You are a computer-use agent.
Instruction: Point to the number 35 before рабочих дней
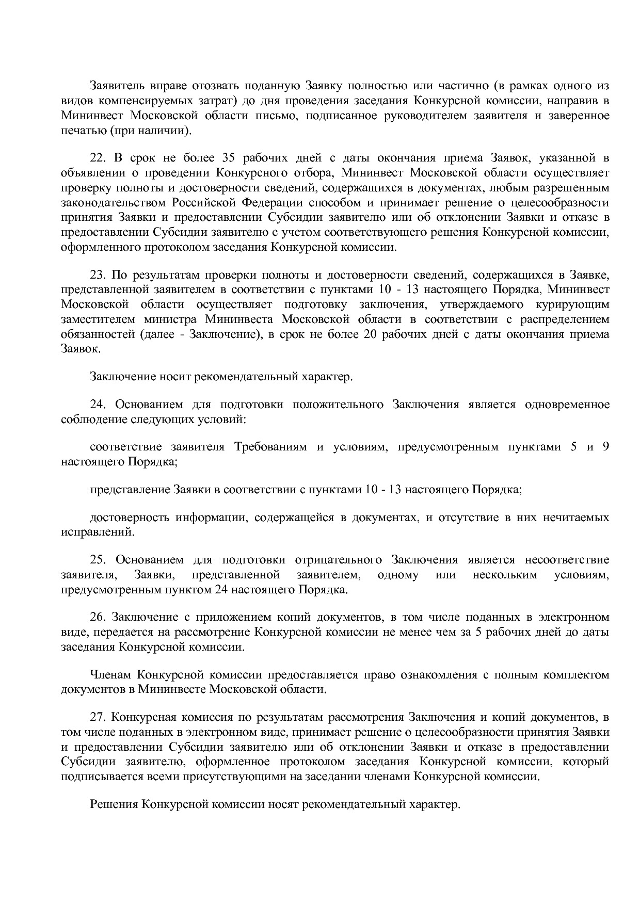click(x=228, y=158)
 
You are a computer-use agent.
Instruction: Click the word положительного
click(x=338, y=405)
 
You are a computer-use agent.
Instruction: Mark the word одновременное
click(x=567, y=405)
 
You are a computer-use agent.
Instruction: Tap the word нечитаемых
click(x=575, y=518)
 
